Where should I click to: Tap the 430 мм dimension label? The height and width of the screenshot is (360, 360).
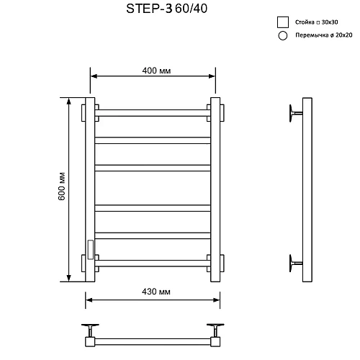point(153,292)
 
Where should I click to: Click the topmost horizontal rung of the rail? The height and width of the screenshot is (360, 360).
point(153,112)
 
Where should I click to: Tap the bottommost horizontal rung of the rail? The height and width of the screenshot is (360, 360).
point(153,262)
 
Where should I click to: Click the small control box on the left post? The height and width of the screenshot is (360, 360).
point(89,248)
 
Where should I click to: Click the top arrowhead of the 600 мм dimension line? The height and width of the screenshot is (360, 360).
point(70,102)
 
